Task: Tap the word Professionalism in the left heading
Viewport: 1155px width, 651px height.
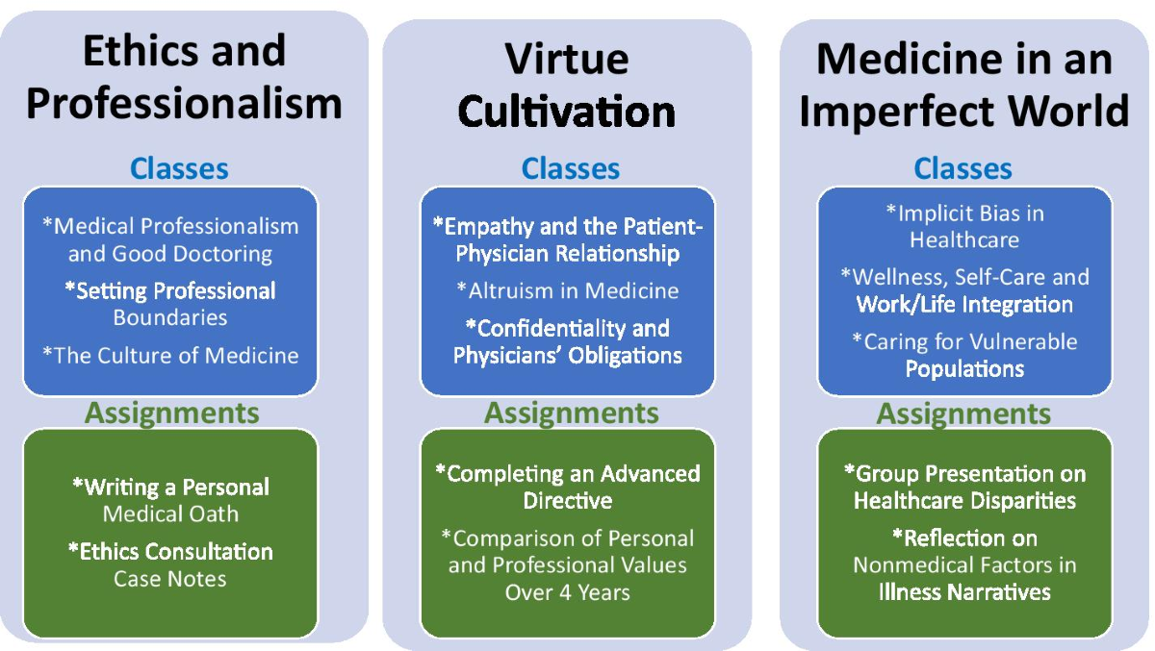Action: pos(184,103)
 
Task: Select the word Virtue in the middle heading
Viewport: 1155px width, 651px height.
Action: pos(567,59)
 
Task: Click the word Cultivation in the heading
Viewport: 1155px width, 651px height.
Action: pos(567,113)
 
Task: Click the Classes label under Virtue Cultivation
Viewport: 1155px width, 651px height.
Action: pos(571,169)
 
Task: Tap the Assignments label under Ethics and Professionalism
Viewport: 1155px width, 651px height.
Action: pos(172,413)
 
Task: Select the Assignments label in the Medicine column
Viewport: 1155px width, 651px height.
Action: pos(963,413)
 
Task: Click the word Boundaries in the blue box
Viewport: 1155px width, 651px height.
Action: pos(170,317)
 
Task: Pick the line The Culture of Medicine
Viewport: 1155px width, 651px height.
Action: pos(170,355)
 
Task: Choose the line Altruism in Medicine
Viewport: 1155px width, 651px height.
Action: pos(568,290)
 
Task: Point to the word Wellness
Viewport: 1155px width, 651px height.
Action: pos(896,277)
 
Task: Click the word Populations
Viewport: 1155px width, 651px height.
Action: pos(964,368)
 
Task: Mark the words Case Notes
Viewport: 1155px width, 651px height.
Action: pos(170,579)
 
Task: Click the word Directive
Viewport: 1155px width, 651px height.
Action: pos(568,501)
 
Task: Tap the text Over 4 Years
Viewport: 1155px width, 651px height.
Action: pos(568,592)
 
